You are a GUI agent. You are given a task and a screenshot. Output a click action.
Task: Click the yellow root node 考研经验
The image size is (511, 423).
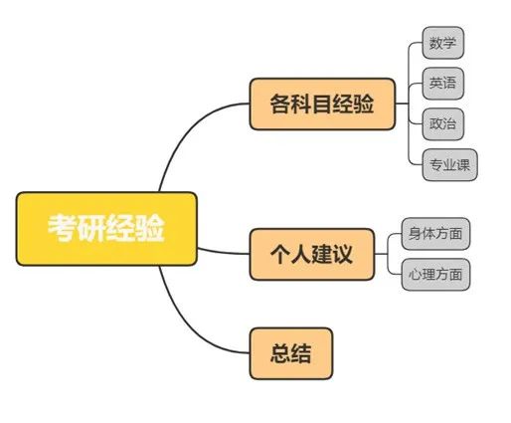pos(106,229)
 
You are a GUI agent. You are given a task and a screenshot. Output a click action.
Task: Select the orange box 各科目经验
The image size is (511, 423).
pos(322,104)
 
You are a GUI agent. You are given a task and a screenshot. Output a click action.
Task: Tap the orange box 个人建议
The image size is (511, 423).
pos(312,255)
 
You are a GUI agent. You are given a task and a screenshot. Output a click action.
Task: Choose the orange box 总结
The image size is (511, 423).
pos(291,353)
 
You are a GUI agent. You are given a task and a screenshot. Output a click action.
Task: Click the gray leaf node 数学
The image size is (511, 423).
pos(442,43)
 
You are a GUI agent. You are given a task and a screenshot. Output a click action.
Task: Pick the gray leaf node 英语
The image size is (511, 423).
pos(442,84)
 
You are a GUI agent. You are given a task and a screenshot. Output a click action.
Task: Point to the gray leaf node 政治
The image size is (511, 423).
pos(442,124)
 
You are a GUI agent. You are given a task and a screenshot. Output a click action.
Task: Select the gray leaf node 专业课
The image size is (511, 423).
pos(449,165)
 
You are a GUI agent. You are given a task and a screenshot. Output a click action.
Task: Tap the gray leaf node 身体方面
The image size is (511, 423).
pos(435,234)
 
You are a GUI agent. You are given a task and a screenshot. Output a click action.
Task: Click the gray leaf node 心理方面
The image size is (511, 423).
pos(435,275)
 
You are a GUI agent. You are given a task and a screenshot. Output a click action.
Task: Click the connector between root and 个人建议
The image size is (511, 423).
pos(224,252)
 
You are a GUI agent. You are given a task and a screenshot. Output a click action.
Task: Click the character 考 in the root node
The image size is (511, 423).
pos(63,228)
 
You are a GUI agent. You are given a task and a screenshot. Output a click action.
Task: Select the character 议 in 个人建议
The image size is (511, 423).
pos(342,255)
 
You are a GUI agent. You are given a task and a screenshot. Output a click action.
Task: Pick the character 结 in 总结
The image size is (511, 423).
pos(301,353)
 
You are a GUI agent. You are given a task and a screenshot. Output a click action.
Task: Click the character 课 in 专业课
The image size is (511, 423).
pos(463,165)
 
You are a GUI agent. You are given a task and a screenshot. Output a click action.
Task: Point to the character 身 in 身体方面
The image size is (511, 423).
pos(415,234)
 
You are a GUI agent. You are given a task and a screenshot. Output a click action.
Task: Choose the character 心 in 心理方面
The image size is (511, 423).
pos(415,275)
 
